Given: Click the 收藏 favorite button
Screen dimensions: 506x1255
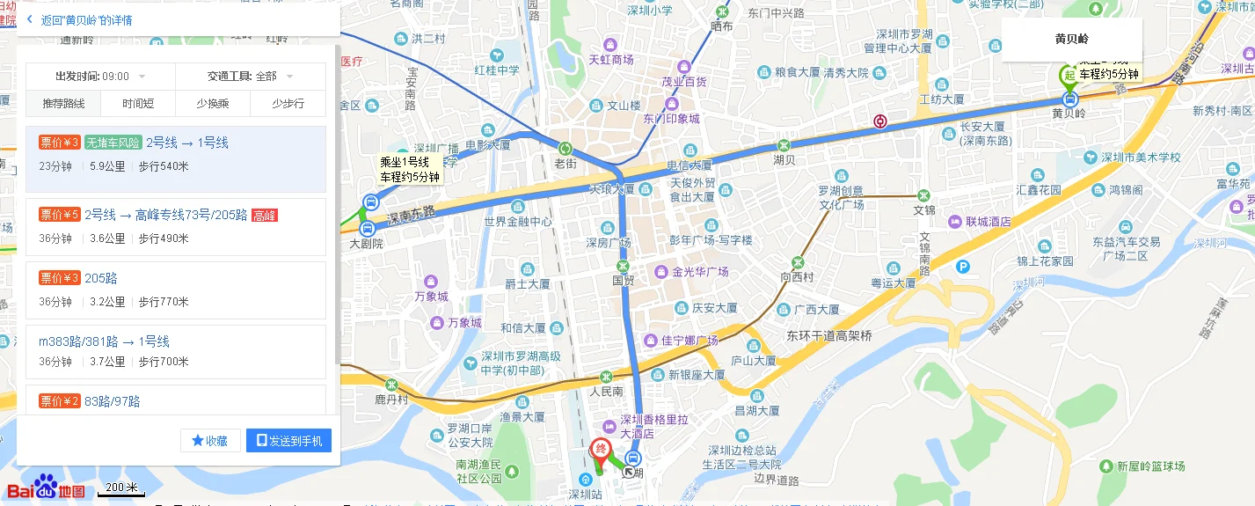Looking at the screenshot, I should pos(210,441).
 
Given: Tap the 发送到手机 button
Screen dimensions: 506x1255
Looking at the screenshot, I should pos(288,441).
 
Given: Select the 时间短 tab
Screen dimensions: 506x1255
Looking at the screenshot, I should pos(138,104).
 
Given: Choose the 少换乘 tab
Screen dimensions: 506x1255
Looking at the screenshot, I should pos(213,104).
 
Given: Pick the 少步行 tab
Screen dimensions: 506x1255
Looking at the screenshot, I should pos(288,104).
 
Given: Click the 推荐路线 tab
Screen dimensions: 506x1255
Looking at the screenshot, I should pos(63,104).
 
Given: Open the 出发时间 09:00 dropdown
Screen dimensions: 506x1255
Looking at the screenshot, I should pos(100,77).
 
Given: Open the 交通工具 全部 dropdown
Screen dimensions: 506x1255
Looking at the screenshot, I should pos(250,77).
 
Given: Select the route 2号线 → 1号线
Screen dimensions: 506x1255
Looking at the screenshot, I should pos(187,143).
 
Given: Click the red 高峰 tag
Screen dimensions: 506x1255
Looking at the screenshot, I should pos(264,215).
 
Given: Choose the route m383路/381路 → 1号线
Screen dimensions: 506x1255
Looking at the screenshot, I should pos(104,341).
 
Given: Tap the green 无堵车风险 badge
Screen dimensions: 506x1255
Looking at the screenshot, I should pos(113,143).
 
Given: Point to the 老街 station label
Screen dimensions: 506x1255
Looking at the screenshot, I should pos(565,164).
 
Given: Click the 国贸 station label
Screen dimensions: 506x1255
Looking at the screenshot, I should pos(623,281).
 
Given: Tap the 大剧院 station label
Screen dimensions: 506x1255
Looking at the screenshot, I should pos(366,244).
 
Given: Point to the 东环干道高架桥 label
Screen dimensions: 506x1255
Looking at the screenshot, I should pos(829,335).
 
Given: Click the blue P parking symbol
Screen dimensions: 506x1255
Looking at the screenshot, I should pos(964,267).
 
